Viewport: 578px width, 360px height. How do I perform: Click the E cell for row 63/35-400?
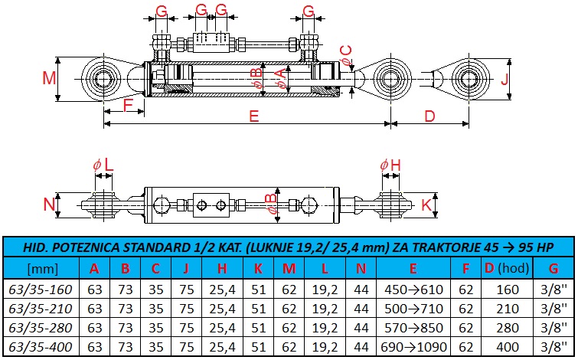(x=413, y=347)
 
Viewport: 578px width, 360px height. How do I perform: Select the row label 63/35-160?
(x=40, y=290)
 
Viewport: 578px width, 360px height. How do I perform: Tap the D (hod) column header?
(x=508, y=268)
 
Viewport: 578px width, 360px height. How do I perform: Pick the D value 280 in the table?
(x=508, y=328)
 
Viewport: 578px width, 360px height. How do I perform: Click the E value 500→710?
(x=413, y=309)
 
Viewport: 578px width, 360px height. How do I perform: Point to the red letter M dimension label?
(x=49, y=78)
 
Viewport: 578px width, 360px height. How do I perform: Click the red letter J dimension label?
(x=505, y=79)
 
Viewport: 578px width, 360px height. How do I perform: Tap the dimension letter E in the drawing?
(x=254, y=116)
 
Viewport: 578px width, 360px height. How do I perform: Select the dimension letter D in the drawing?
(x=429, y=116)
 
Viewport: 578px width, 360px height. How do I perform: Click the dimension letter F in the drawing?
(x=128, y=106)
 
